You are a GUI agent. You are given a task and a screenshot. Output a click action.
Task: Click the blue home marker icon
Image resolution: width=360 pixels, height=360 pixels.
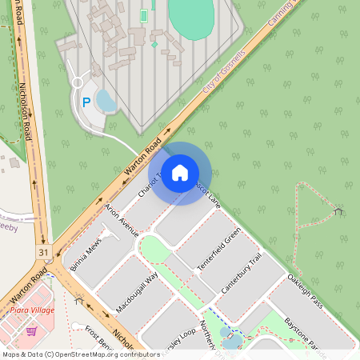point(180,173)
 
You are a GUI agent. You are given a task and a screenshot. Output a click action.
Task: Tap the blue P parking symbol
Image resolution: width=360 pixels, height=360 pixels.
point(86,102)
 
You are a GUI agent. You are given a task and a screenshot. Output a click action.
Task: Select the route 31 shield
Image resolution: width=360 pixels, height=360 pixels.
point(42,252)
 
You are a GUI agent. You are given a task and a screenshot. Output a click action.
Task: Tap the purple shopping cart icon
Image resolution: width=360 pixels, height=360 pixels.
point(31,330)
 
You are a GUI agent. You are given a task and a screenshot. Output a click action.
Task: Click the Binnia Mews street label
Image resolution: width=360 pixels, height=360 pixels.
point(86,254)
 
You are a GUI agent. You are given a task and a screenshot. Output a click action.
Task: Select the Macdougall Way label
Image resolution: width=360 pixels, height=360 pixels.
point(137,291)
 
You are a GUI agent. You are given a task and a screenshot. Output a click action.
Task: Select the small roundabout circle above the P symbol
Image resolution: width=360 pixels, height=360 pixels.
point(78,82)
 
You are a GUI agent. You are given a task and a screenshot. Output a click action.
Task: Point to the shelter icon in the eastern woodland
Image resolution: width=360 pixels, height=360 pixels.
point(339,211)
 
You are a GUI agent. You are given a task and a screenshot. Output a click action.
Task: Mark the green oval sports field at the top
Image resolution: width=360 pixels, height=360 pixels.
point(191,12)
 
